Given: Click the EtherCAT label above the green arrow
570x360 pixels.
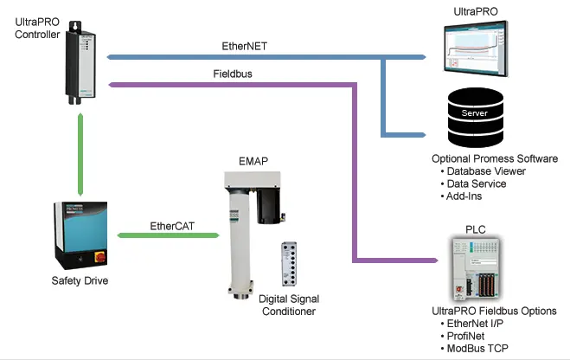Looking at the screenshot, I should pos(172,225).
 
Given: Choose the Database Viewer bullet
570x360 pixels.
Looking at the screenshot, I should pos(486,171).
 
